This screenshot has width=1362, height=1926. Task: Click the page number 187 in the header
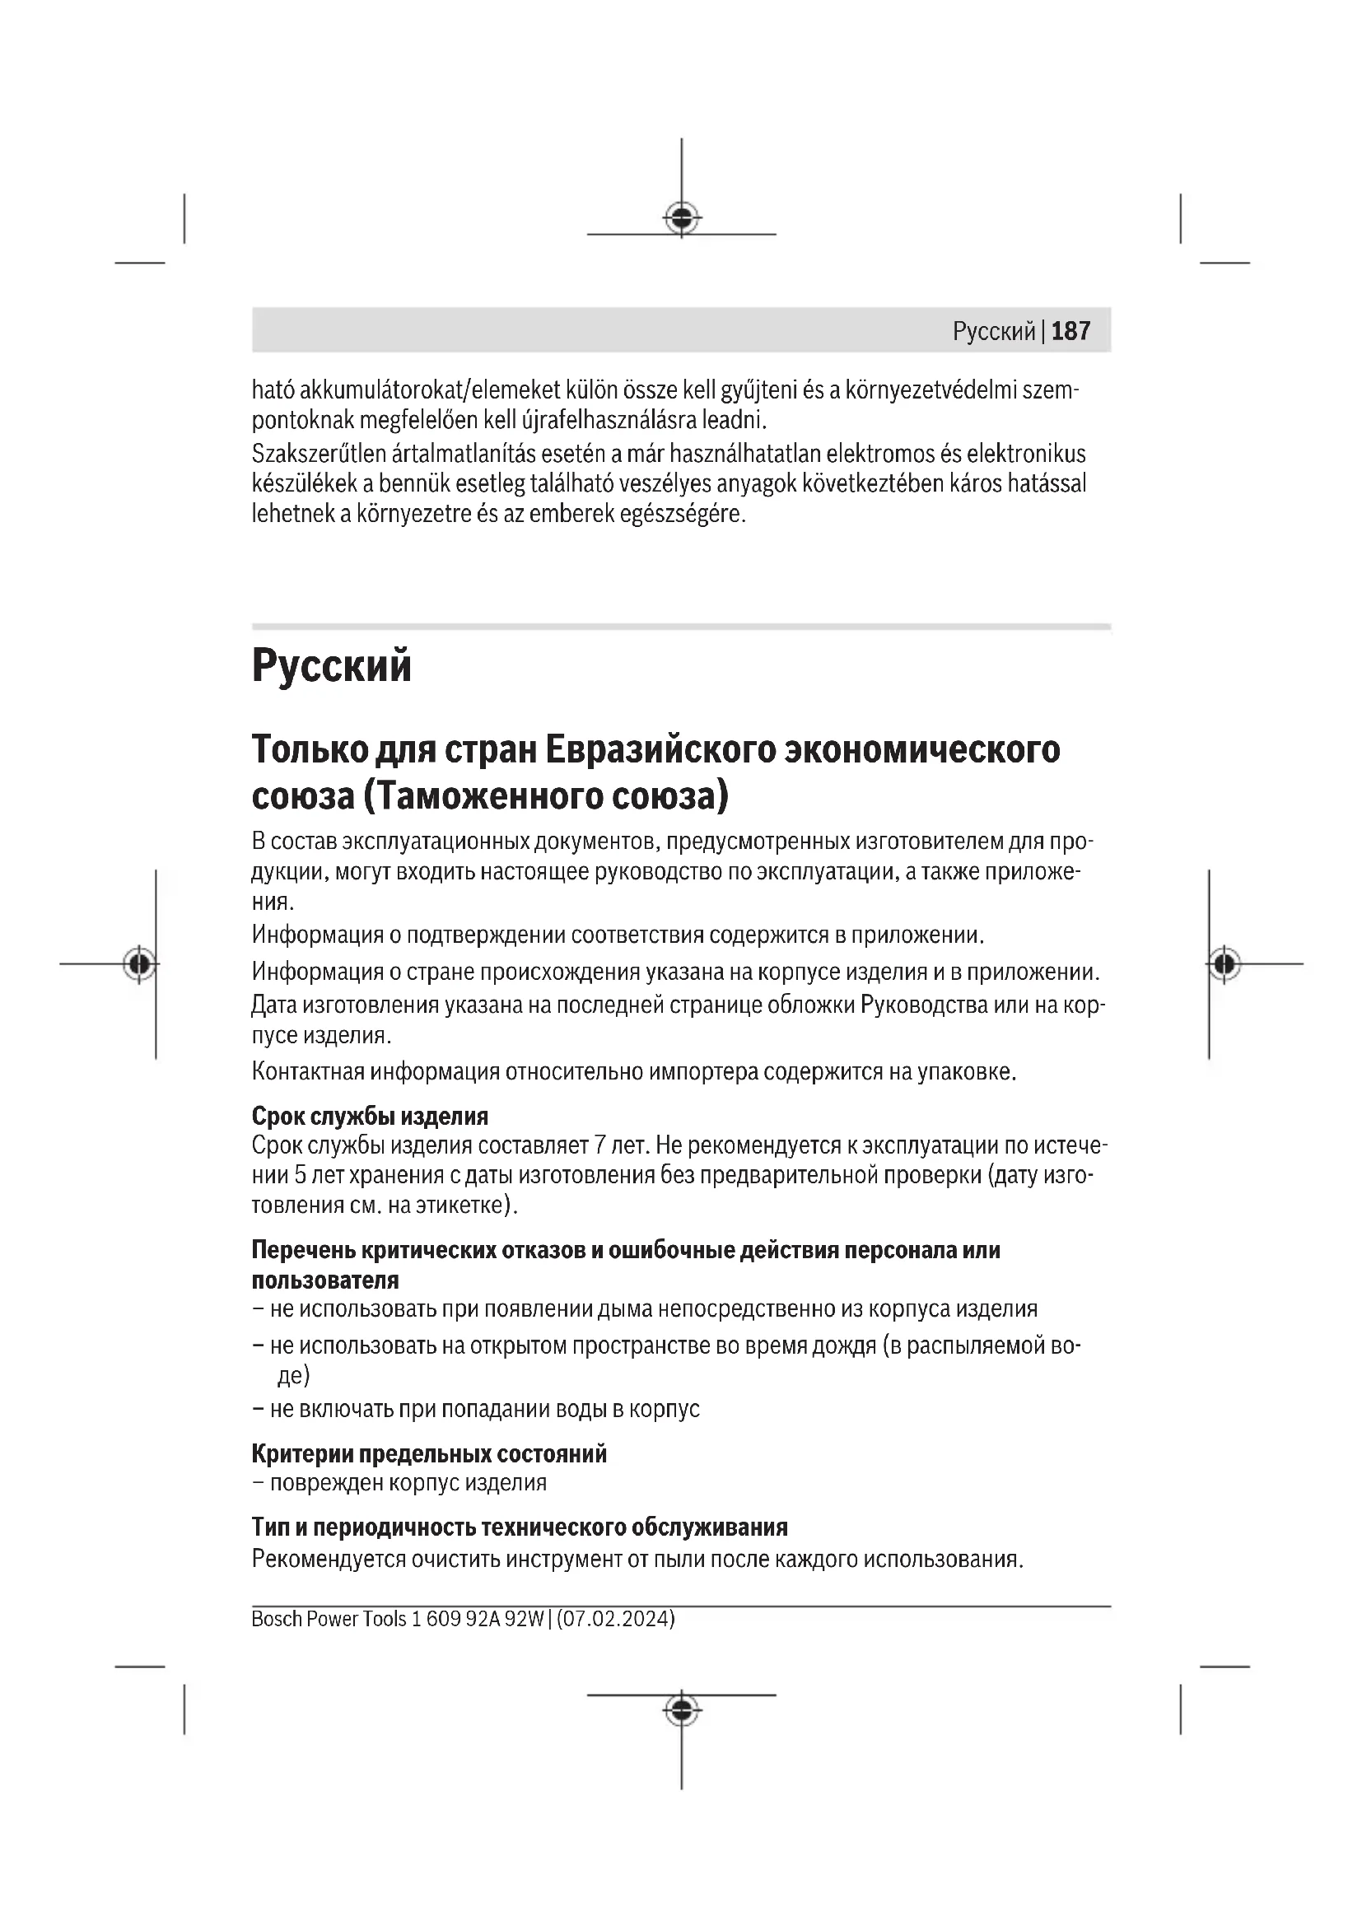[1070, 331]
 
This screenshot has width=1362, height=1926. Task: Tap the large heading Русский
[331, 666]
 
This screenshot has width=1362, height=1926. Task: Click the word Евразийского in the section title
[660, 749]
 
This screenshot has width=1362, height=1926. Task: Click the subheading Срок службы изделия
[370, 1116]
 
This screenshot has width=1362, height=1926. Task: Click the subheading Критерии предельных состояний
[428, 1453]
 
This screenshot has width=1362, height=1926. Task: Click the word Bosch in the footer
[277, 1618]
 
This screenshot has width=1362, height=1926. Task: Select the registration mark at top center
[681, 218]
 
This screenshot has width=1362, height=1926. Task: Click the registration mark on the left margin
[139, 964]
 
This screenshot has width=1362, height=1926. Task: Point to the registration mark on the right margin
[1224, 964]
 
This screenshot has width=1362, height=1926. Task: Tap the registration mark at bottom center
[681, 1709]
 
